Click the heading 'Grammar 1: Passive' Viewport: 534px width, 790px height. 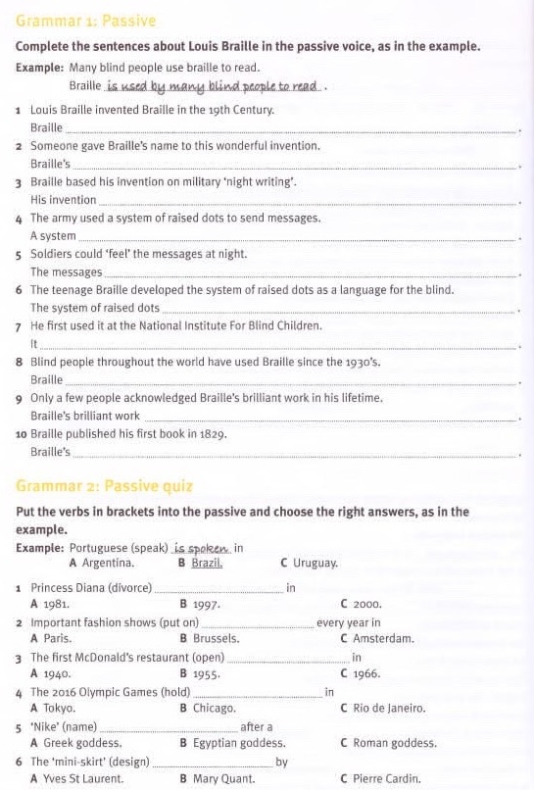coord(86,21)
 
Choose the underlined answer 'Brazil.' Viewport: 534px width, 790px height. coord(207,564)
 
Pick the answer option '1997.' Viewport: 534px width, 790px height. coord(206,605)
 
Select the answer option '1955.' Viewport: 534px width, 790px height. coord(206,674)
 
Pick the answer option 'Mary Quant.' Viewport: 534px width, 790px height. coord(223,779)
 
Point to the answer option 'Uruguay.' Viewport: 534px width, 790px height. coord(315,564)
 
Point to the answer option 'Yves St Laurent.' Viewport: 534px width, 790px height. coord(83,779)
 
